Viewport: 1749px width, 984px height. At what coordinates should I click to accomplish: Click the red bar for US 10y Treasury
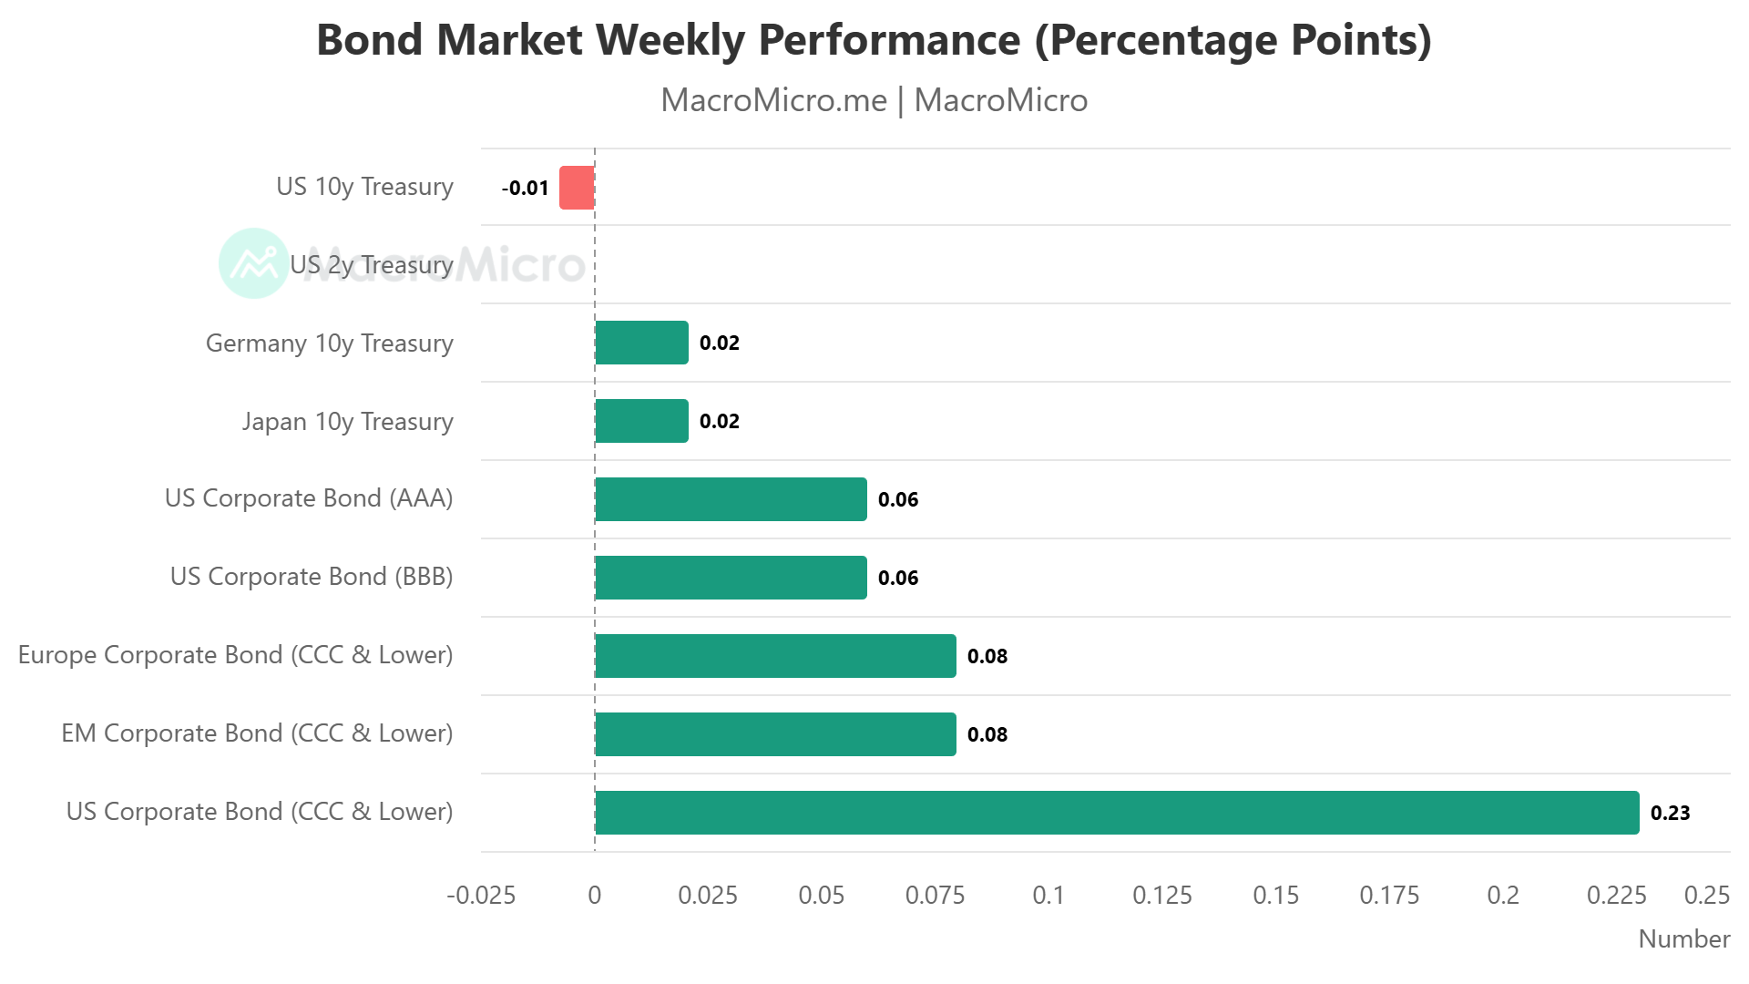577,188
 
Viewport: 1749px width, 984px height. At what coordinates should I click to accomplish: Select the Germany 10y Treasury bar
641,343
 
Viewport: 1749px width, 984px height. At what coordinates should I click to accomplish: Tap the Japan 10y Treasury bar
641,421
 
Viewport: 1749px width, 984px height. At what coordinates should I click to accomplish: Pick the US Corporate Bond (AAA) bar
731,499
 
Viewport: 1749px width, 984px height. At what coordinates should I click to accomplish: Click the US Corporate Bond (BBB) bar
731,578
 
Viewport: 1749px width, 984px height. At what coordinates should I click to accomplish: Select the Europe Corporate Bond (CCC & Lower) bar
775,656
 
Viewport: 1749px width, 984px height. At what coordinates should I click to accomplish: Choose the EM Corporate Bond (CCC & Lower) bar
775,734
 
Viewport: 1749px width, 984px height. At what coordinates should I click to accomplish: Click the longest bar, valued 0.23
1117,813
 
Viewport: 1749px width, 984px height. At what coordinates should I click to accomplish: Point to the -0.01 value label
526,189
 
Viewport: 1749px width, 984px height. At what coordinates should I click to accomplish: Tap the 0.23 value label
1670,814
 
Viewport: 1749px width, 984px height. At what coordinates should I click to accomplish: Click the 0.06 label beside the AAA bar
897,500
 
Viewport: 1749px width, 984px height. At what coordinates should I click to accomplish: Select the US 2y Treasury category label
371,265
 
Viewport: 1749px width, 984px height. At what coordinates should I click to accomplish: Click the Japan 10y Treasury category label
347,422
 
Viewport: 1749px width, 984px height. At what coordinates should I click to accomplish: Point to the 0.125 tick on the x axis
1161,896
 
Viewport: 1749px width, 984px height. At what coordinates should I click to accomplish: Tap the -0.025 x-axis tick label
481,896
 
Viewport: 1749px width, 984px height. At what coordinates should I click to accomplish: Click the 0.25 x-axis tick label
1706,896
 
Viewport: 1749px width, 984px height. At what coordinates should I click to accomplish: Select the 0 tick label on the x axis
595,896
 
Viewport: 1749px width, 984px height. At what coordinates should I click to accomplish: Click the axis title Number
1683,939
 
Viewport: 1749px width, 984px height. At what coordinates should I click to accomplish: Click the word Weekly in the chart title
670,41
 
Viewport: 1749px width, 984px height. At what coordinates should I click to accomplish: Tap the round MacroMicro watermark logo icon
253,263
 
